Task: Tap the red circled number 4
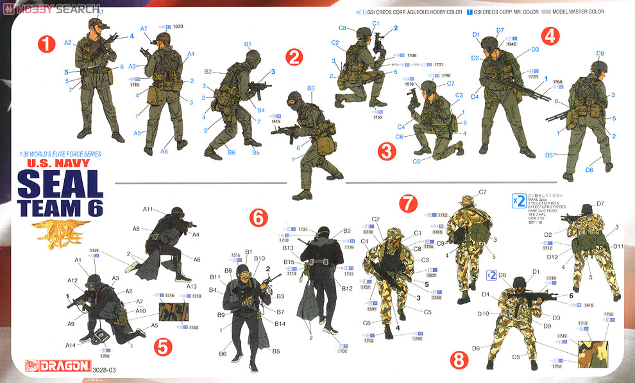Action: coord(548,35)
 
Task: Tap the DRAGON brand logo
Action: coord(57,366)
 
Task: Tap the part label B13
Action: coord(288,248)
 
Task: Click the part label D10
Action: coord(484,314)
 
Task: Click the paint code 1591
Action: coord(371,309)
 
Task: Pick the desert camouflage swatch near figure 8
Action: coord(594,353)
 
